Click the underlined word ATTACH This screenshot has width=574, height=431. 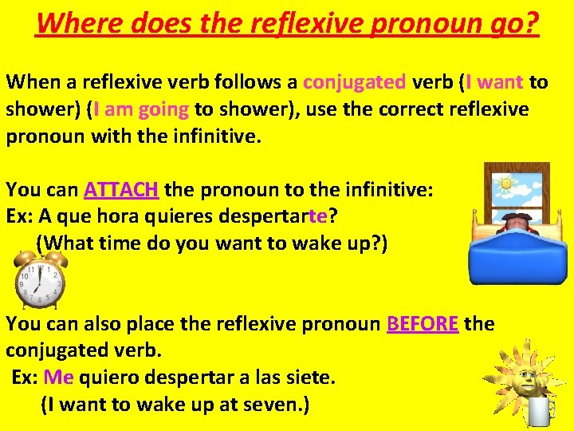pyautogui.click(x=122, y=191)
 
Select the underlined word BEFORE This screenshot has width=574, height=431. pyautogui.click(x=423, y=324)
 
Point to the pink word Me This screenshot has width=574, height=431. pyautogui.click(x=58, y=377)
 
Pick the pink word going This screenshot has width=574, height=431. pyautogui.click(x=163, y=109)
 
